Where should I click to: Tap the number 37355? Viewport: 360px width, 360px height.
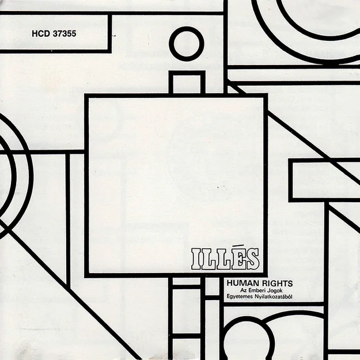pos(65,34)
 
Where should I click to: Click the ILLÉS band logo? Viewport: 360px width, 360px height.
pos(226,259)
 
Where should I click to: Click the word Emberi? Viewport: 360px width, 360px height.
pos(258,290)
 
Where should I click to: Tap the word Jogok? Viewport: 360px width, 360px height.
pos(276,291)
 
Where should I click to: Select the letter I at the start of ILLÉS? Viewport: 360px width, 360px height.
pos(196,259)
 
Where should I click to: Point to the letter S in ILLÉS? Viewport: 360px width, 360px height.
pos(252,259)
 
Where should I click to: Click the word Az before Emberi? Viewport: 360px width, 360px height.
pos(244,290)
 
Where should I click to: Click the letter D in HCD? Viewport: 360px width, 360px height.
pos(47,34)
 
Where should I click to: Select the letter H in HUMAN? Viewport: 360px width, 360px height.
pos(230,283)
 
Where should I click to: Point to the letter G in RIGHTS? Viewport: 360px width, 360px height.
pos(272,283)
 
